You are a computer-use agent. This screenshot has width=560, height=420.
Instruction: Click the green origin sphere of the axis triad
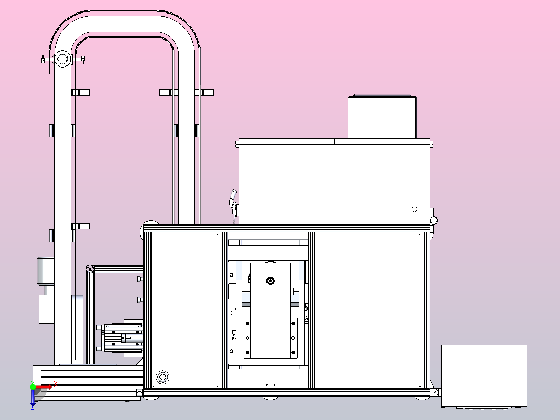33,387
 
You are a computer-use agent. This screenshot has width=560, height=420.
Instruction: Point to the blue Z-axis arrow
33,398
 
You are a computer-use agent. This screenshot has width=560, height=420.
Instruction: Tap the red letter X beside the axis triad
56,385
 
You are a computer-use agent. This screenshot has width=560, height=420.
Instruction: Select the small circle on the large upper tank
415,209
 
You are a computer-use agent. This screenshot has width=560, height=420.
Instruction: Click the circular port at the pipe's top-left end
62,59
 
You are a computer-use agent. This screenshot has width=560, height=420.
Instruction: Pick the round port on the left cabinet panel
163,376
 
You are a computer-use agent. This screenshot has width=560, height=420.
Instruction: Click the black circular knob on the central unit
271,281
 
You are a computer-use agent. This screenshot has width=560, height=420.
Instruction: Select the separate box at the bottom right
484,376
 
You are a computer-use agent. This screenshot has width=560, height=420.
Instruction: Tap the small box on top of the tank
382,117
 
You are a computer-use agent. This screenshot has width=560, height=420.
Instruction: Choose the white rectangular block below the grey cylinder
46,309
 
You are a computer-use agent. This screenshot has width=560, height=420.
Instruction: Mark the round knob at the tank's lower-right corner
434,220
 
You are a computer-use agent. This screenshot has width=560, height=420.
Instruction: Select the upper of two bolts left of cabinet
140,279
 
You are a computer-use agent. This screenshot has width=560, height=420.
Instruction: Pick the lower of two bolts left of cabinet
140,300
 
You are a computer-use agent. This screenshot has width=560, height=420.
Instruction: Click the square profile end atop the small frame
90,269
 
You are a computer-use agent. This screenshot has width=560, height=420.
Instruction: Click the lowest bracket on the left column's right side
81,226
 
